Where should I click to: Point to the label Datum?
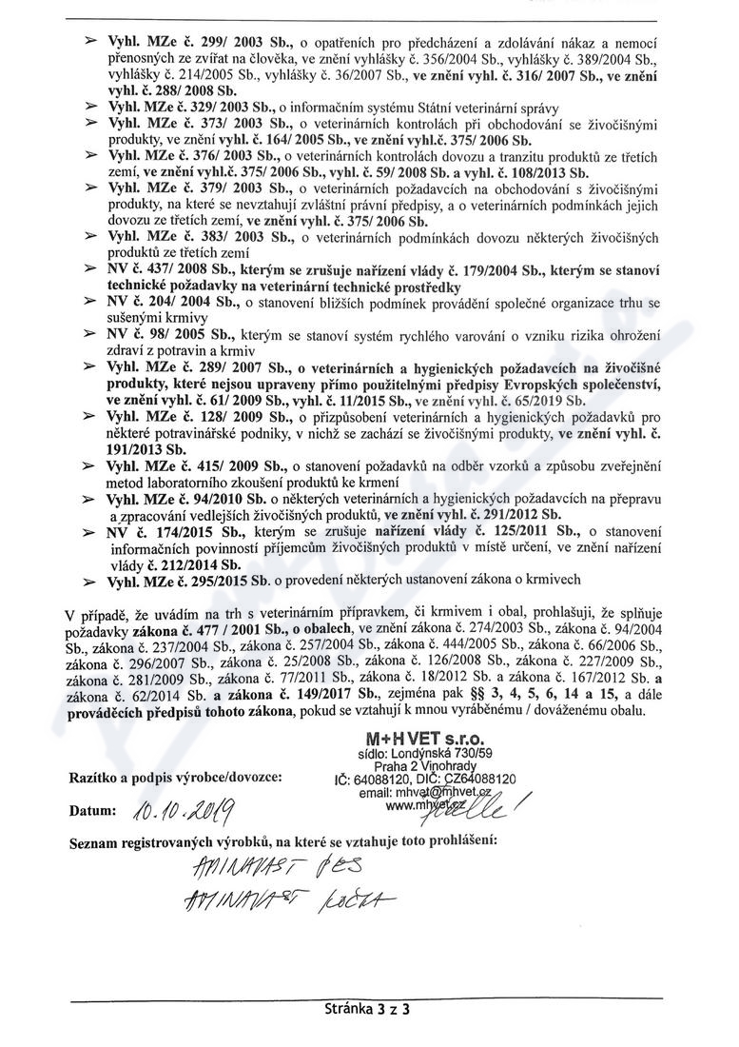(91, 812)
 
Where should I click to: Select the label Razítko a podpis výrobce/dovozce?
(174, 778)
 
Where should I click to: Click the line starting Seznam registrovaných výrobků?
(282, 841)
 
